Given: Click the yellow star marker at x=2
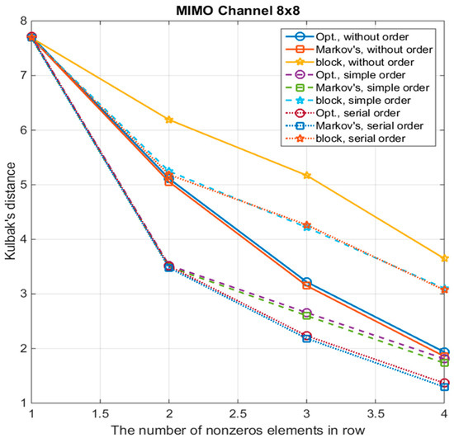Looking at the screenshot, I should coord(169,120).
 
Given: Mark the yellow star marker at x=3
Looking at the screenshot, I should coord(307,175).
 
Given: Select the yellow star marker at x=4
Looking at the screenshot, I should coord(444,258).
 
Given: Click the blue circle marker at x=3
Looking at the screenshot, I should coord(307,283).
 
